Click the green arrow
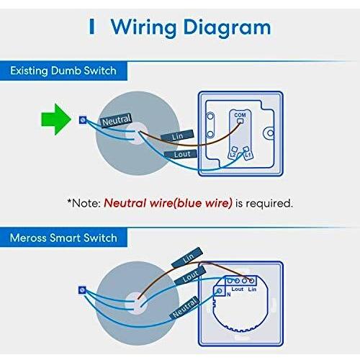[x=56, y=120]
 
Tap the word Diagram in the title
[x=228, y=28]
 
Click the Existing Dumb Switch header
[x=63, y=71]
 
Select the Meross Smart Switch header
[x=63, y=238]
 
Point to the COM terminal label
[x=240, y=115]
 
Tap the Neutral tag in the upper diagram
[x=116, y=120]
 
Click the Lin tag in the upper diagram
[x=177, y=136]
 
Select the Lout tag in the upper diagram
[x=181, y=154]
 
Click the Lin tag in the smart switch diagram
[x=187, y=258]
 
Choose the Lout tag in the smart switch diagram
[x=190, y=276]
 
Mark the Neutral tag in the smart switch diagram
[x=185, y=308]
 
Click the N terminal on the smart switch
[x=220, y=291]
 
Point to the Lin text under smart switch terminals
[x=252, y=289]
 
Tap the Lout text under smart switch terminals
[x=238, y=289]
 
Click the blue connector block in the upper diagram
[x=83, y=120]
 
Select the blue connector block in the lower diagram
[x=82, y=290]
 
